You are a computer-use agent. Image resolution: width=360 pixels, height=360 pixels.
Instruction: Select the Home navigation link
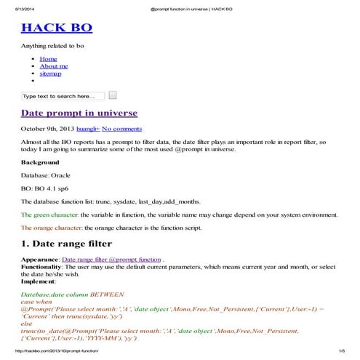pos(48,58)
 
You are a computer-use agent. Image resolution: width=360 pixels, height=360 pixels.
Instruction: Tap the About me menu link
pos(54,66)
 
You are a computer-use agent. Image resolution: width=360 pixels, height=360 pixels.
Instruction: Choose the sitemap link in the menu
pos(50,73)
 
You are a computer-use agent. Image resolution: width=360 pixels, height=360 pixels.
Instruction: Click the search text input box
pos(63,95)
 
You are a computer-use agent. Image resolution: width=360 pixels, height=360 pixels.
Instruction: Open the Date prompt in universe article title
pos(79,113)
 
